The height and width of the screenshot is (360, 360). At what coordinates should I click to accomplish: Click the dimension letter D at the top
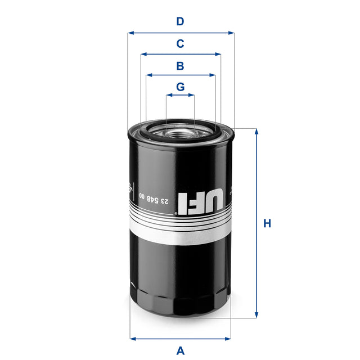pyautogui.click(x=180, y=22)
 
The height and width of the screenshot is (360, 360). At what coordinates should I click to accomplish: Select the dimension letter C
pyautogui.click(x=180, y=44)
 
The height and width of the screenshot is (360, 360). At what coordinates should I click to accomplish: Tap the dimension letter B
pyautogui.click(x=180, y=66)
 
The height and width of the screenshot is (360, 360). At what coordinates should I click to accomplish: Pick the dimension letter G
pyautogui.click(x=180, y=87)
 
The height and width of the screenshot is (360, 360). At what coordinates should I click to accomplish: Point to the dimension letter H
pyautogui.click(x=267, y=224)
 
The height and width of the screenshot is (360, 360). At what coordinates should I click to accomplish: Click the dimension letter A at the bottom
pyautogui.click(x=180, y=350)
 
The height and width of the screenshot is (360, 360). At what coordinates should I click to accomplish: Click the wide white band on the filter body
pyautogui.click(x=180, y=235)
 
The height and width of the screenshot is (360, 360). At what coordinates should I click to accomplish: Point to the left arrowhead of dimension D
pyautogui.click(x=130, y=33)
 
